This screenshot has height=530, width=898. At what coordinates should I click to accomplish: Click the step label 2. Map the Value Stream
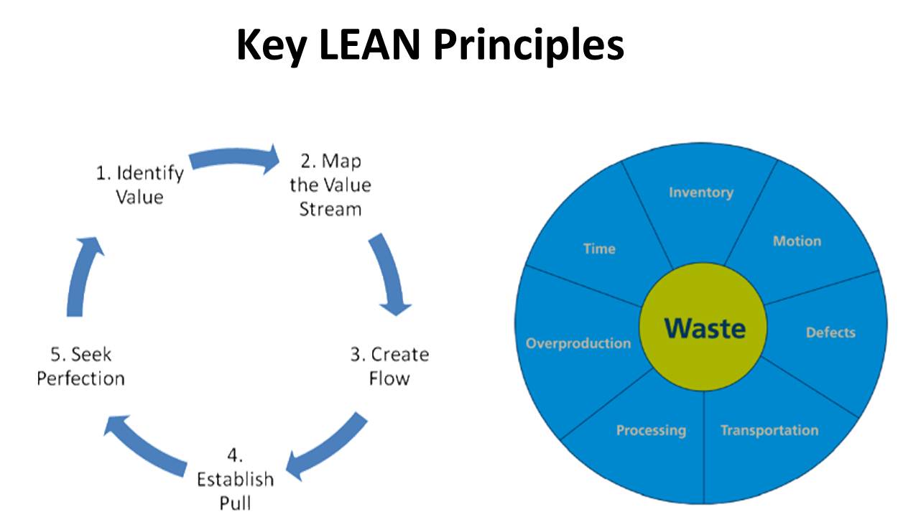coord(330,185)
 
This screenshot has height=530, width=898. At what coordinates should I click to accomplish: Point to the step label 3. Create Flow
coord(389,366)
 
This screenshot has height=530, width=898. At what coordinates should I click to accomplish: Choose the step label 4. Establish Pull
coord(236,479)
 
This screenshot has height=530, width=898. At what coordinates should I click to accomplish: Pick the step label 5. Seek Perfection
coord(80,366)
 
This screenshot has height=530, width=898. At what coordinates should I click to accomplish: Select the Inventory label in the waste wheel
coord(700,192)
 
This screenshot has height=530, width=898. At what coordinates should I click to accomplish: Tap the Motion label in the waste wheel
coord(797,241)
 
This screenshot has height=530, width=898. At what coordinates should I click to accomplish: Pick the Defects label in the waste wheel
coord(830,333)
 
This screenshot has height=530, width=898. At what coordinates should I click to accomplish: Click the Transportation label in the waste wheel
coord(769,431)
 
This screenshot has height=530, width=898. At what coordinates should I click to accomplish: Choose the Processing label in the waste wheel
coord(651,431)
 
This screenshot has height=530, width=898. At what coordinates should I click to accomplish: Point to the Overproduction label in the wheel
coord(578,343)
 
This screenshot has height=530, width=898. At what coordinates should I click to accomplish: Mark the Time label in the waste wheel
coord(599,249)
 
